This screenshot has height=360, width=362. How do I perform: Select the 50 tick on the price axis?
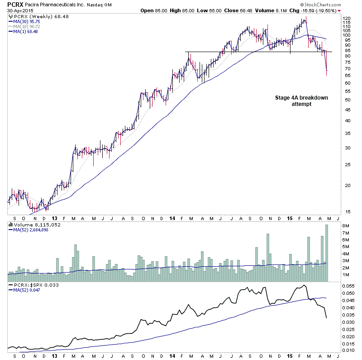pyautogui.click(x=347, y=99)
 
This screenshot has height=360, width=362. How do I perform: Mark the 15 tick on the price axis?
pyautogui.click(x=347, y=211)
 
